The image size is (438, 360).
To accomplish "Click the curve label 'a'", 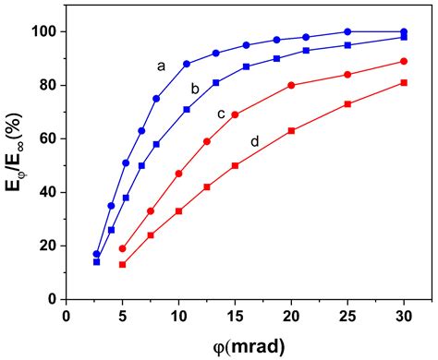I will point(161,66).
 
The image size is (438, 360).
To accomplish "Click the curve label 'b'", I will point(195,89).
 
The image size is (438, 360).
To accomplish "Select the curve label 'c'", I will point(222,114).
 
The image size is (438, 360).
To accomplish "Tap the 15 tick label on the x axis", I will point(235,316).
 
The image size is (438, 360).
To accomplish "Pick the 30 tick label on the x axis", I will point(404,316).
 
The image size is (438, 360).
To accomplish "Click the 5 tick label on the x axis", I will point(122,316).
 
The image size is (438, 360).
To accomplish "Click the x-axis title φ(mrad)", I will point(235,343).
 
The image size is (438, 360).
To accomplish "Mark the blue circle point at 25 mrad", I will point(347,31).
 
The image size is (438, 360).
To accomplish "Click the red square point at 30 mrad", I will point(404,82).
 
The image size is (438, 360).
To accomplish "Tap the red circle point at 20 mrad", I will point(291,85).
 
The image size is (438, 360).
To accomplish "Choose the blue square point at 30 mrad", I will point(404,37).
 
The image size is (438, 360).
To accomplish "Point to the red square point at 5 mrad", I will point(122,264).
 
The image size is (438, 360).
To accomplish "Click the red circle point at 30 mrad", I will point(404,61).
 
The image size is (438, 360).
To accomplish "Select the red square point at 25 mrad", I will point(347,103).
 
